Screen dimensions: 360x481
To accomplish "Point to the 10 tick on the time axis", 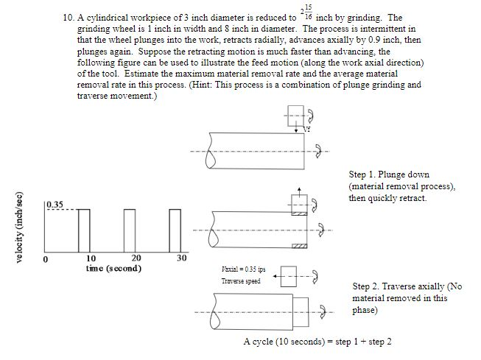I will [x=91, y=258].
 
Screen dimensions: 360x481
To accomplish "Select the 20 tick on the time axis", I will [x=136, y=258].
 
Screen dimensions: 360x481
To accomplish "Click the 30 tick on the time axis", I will [x=181, y=258].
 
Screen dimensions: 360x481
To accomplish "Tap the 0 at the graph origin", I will [x=46, y=259].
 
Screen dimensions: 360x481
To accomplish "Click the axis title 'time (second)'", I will [x=113, y=268].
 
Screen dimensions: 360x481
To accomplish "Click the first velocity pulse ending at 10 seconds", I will [x=84, y=230].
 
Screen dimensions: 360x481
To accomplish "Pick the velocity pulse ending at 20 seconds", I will [x=130, y=230].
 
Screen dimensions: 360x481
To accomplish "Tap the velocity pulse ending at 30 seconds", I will [x=175, y=230].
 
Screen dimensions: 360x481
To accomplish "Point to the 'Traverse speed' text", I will [x=241, y=281].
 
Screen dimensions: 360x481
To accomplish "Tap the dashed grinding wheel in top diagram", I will [x=297, y=115].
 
